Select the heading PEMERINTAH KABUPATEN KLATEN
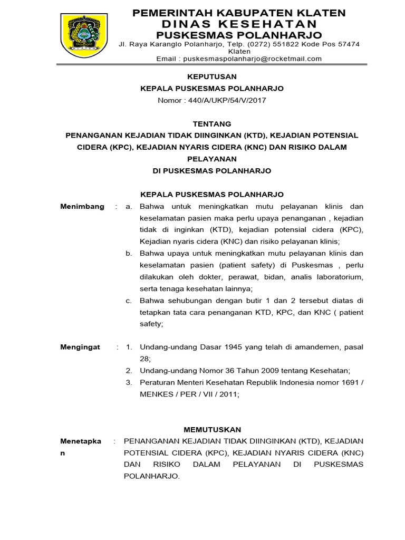(x=238, y=13)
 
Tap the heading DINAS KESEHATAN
(x=239, y=24)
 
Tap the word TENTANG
(x=212, y=124)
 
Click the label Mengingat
(x=80, y=347)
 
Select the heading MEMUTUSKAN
(x=212, y=429)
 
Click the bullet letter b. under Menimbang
(x=129, y=253)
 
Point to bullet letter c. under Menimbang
(x=129, y=300)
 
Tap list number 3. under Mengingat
(x=129, y=382)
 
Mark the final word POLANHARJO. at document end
(x=151, y=476)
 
